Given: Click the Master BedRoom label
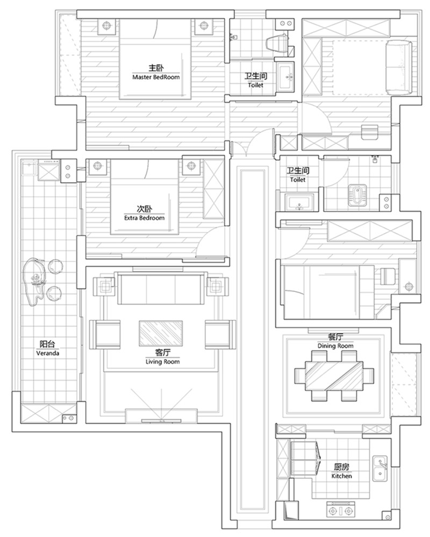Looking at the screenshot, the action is [156, 77].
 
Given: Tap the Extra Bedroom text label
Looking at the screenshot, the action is [144, 218].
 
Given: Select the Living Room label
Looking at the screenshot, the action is [163, 362].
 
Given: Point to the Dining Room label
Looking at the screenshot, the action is [335, 346].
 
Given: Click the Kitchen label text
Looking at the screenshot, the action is [341, 476].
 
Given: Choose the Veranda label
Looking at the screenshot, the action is [48, 353].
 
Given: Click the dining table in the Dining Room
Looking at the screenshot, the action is [334, 376].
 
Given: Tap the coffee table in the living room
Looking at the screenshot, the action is [161, 333].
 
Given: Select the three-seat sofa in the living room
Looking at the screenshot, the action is [161, 288].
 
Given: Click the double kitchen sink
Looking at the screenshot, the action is [380, 468].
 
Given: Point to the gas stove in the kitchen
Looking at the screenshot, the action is [341, 511].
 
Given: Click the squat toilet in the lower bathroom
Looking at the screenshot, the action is [357, 196].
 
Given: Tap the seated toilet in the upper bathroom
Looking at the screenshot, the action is [277, 43].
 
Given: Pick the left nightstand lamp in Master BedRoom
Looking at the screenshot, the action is [107, 25].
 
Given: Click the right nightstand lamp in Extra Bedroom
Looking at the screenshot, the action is [191, 166].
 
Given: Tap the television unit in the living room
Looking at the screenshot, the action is [161, 416].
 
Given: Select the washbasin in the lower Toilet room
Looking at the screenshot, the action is [299, 202].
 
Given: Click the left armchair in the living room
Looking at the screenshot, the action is [105, 334].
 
